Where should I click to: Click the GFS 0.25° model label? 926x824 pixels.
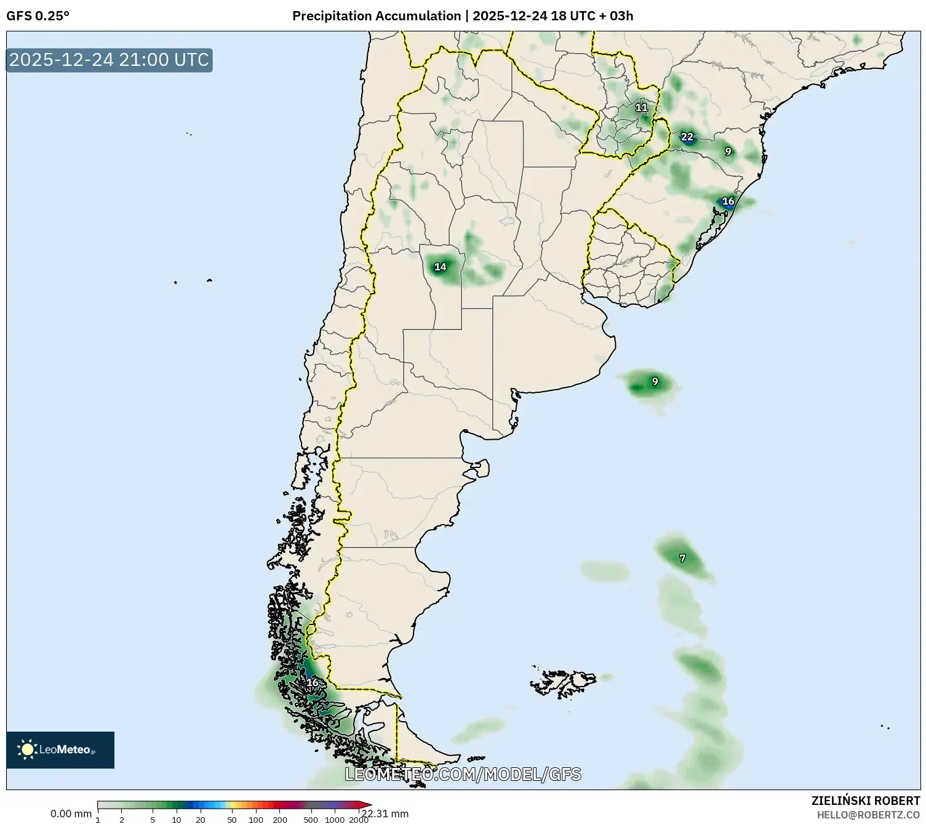[38, 16]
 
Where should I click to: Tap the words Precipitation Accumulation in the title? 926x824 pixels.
[376, 16]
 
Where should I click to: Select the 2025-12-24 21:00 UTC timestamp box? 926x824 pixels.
[109, 60]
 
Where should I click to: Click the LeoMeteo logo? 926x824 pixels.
[60, 749]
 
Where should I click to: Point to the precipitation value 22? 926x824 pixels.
[687, 137]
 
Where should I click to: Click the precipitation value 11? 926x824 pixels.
[641, 107]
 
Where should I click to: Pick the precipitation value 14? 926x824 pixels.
[440, 267]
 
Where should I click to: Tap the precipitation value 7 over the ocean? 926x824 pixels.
[682, 559]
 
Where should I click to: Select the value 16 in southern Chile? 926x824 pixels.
[313, 682]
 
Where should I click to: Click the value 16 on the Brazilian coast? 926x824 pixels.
[728, 201]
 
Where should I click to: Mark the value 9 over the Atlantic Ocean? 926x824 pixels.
[655, 382]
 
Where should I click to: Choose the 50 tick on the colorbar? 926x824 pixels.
[231, 820]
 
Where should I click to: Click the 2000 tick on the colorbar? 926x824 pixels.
[358, 820]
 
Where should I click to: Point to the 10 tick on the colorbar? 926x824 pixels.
[177, 820]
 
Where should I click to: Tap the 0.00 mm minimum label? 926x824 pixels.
[71, 814]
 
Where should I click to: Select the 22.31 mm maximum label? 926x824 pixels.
[386, 814]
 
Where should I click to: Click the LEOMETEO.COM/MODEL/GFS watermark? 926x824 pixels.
[463, 774]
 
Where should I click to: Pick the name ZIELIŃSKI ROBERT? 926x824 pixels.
[865, 801]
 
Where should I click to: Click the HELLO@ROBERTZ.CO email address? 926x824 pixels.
[868, 815]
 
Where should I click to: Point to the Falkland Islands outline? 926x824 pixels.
[564, 681]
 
